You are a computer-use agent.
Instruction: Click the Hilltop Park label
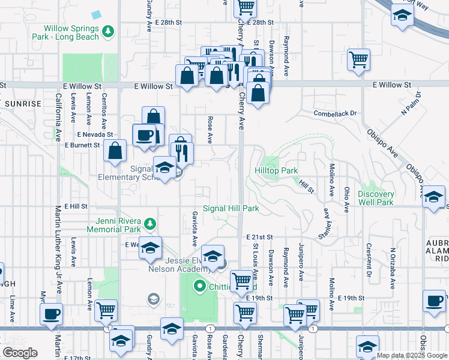276,171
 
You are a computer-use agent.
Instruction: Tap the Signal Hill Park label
231,209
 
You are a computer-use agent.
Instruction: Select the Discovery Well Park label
376,198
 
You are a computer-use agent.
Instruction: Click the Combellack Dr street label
335,113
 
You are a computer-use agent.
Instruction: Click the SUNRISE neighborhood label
23,104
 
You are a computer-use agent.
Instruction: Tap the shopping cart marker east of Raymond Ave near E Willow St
358,59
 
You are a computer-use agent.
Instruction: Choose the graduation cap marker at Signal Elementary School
165,167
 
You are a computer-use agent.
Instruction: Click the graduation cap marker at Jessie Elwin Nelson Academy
212,256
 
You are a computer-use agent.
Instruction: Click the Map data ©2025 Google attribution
412,355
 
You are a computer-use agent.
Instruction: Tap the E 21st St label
259,238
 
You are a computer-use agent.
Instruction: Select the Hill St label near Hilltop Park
307,189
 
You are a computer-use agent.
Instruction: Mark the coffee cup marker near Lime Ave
51,313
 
